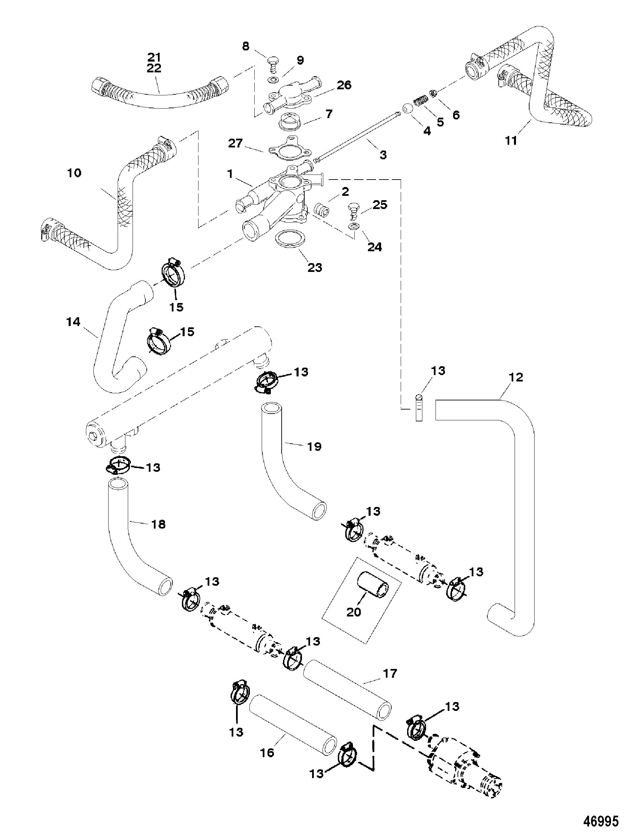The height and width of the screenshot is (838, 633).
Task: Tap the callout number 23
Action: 315,267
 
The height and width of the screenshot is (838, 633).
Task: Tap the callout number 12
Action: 516,377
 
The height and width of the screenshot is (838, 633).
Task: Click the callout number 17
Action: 390,674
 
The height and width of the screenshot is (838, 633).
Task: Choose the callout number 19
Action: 314,446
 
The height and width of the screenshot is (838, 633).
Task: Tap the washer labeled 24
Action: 353,227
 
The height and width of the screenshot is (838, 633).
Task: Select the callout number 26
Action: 344,85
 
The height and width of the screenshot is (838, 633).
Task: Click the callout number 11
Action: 511,141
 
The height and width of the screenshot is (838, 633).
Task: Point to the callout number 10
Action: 74,173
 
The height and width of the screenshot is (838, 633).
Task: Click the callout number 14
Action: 73,322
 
